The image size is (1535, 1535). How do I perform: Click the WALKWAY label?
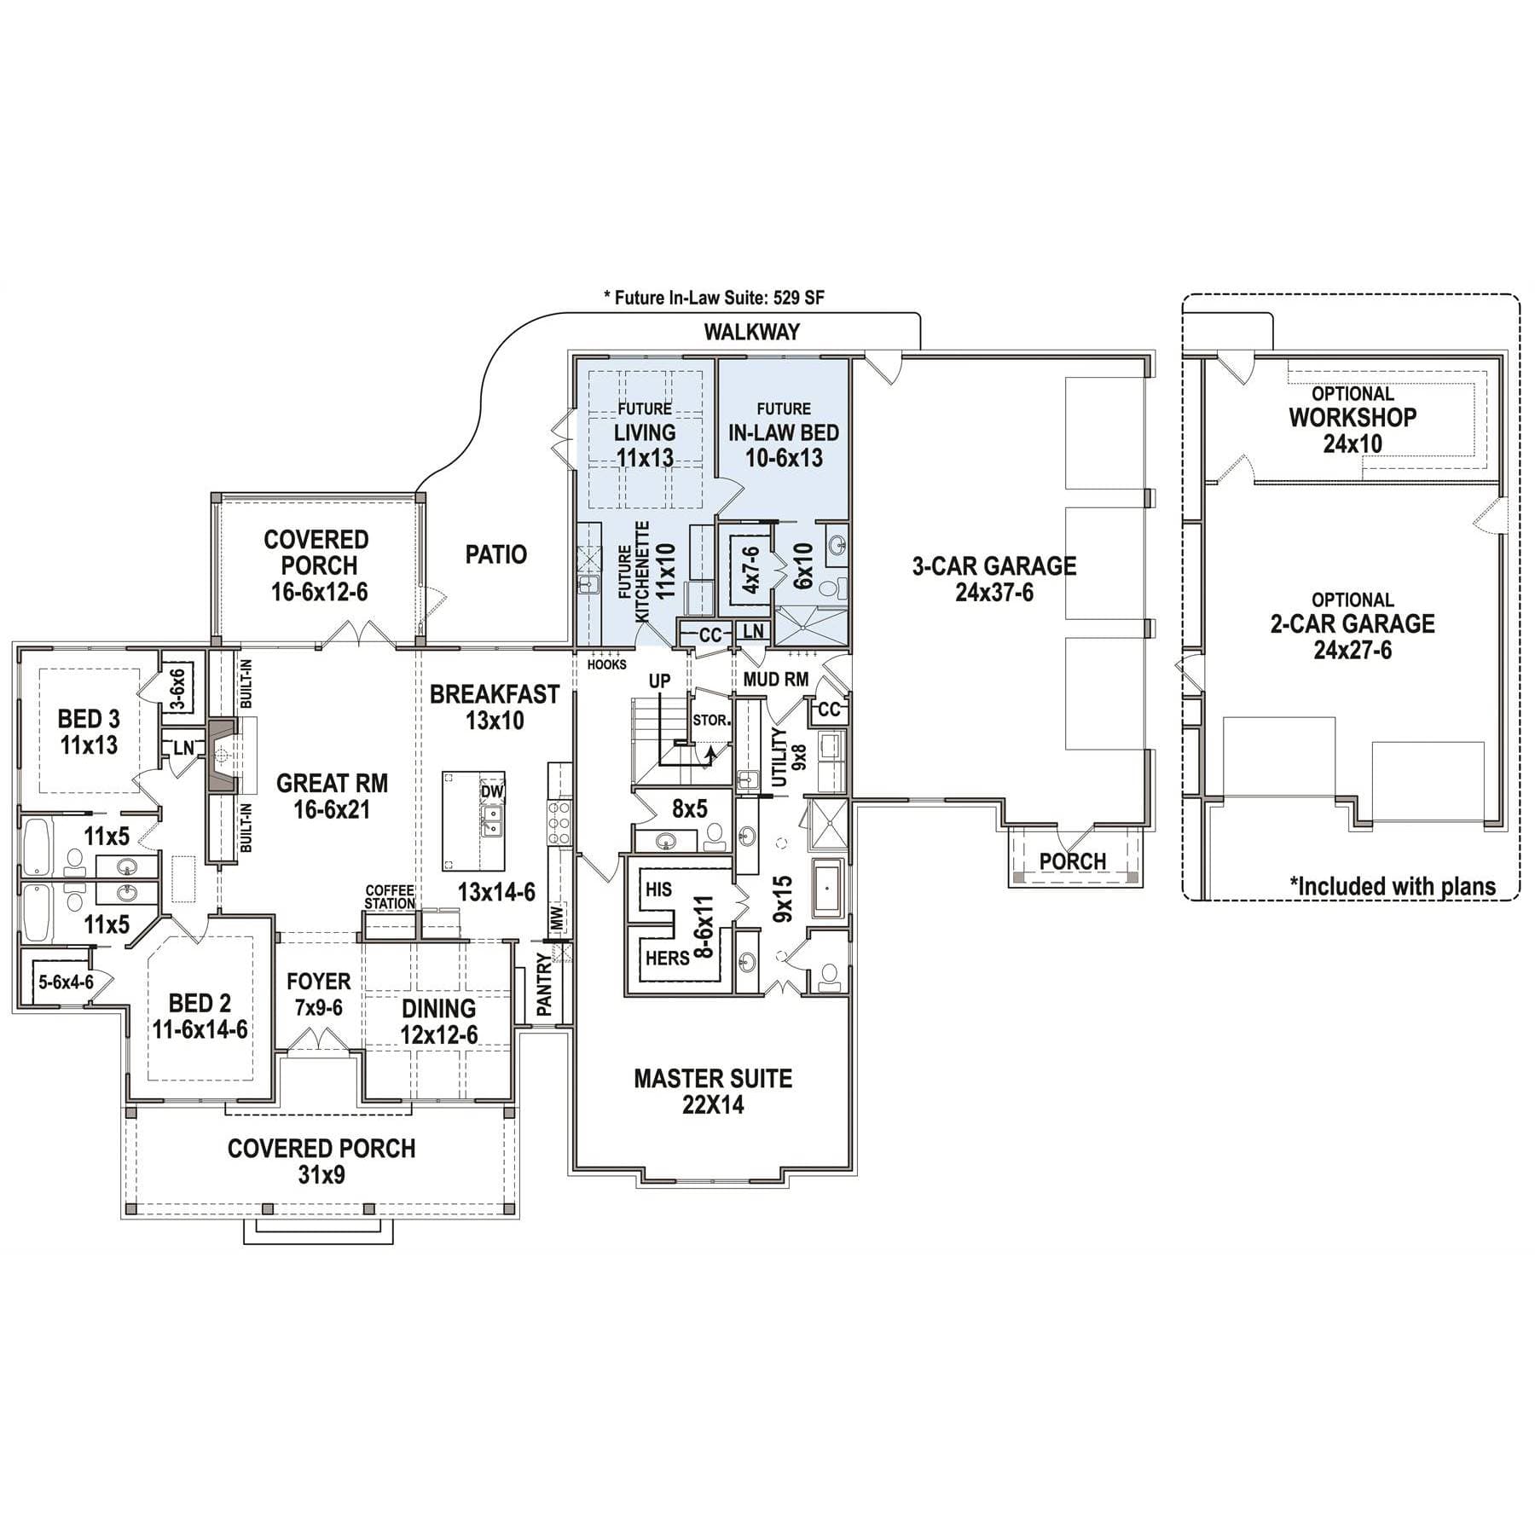(751, 332)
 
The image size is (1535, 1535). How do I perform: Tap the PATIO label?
(496, 555)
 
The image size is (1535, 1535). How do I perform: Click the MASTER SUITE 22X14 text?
(713, 1092)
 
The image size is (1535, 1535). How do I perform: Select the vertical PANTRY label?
(545, 984)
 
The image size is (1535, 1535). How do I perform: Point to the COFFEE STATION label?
(390, 897)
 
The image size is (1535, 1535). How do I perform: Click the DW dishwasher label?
(492, 791)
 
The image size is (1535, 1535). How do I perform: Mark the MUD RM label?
(776, 680)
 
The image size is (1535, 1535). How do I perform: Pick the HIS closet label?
(658, 889)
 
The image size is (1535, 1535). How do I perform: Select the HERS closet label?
(667, 958)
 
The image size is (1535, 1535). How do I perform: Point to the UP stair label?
(659, 681)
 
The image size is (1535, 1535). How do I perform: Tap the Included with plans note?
(1393, 886)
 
